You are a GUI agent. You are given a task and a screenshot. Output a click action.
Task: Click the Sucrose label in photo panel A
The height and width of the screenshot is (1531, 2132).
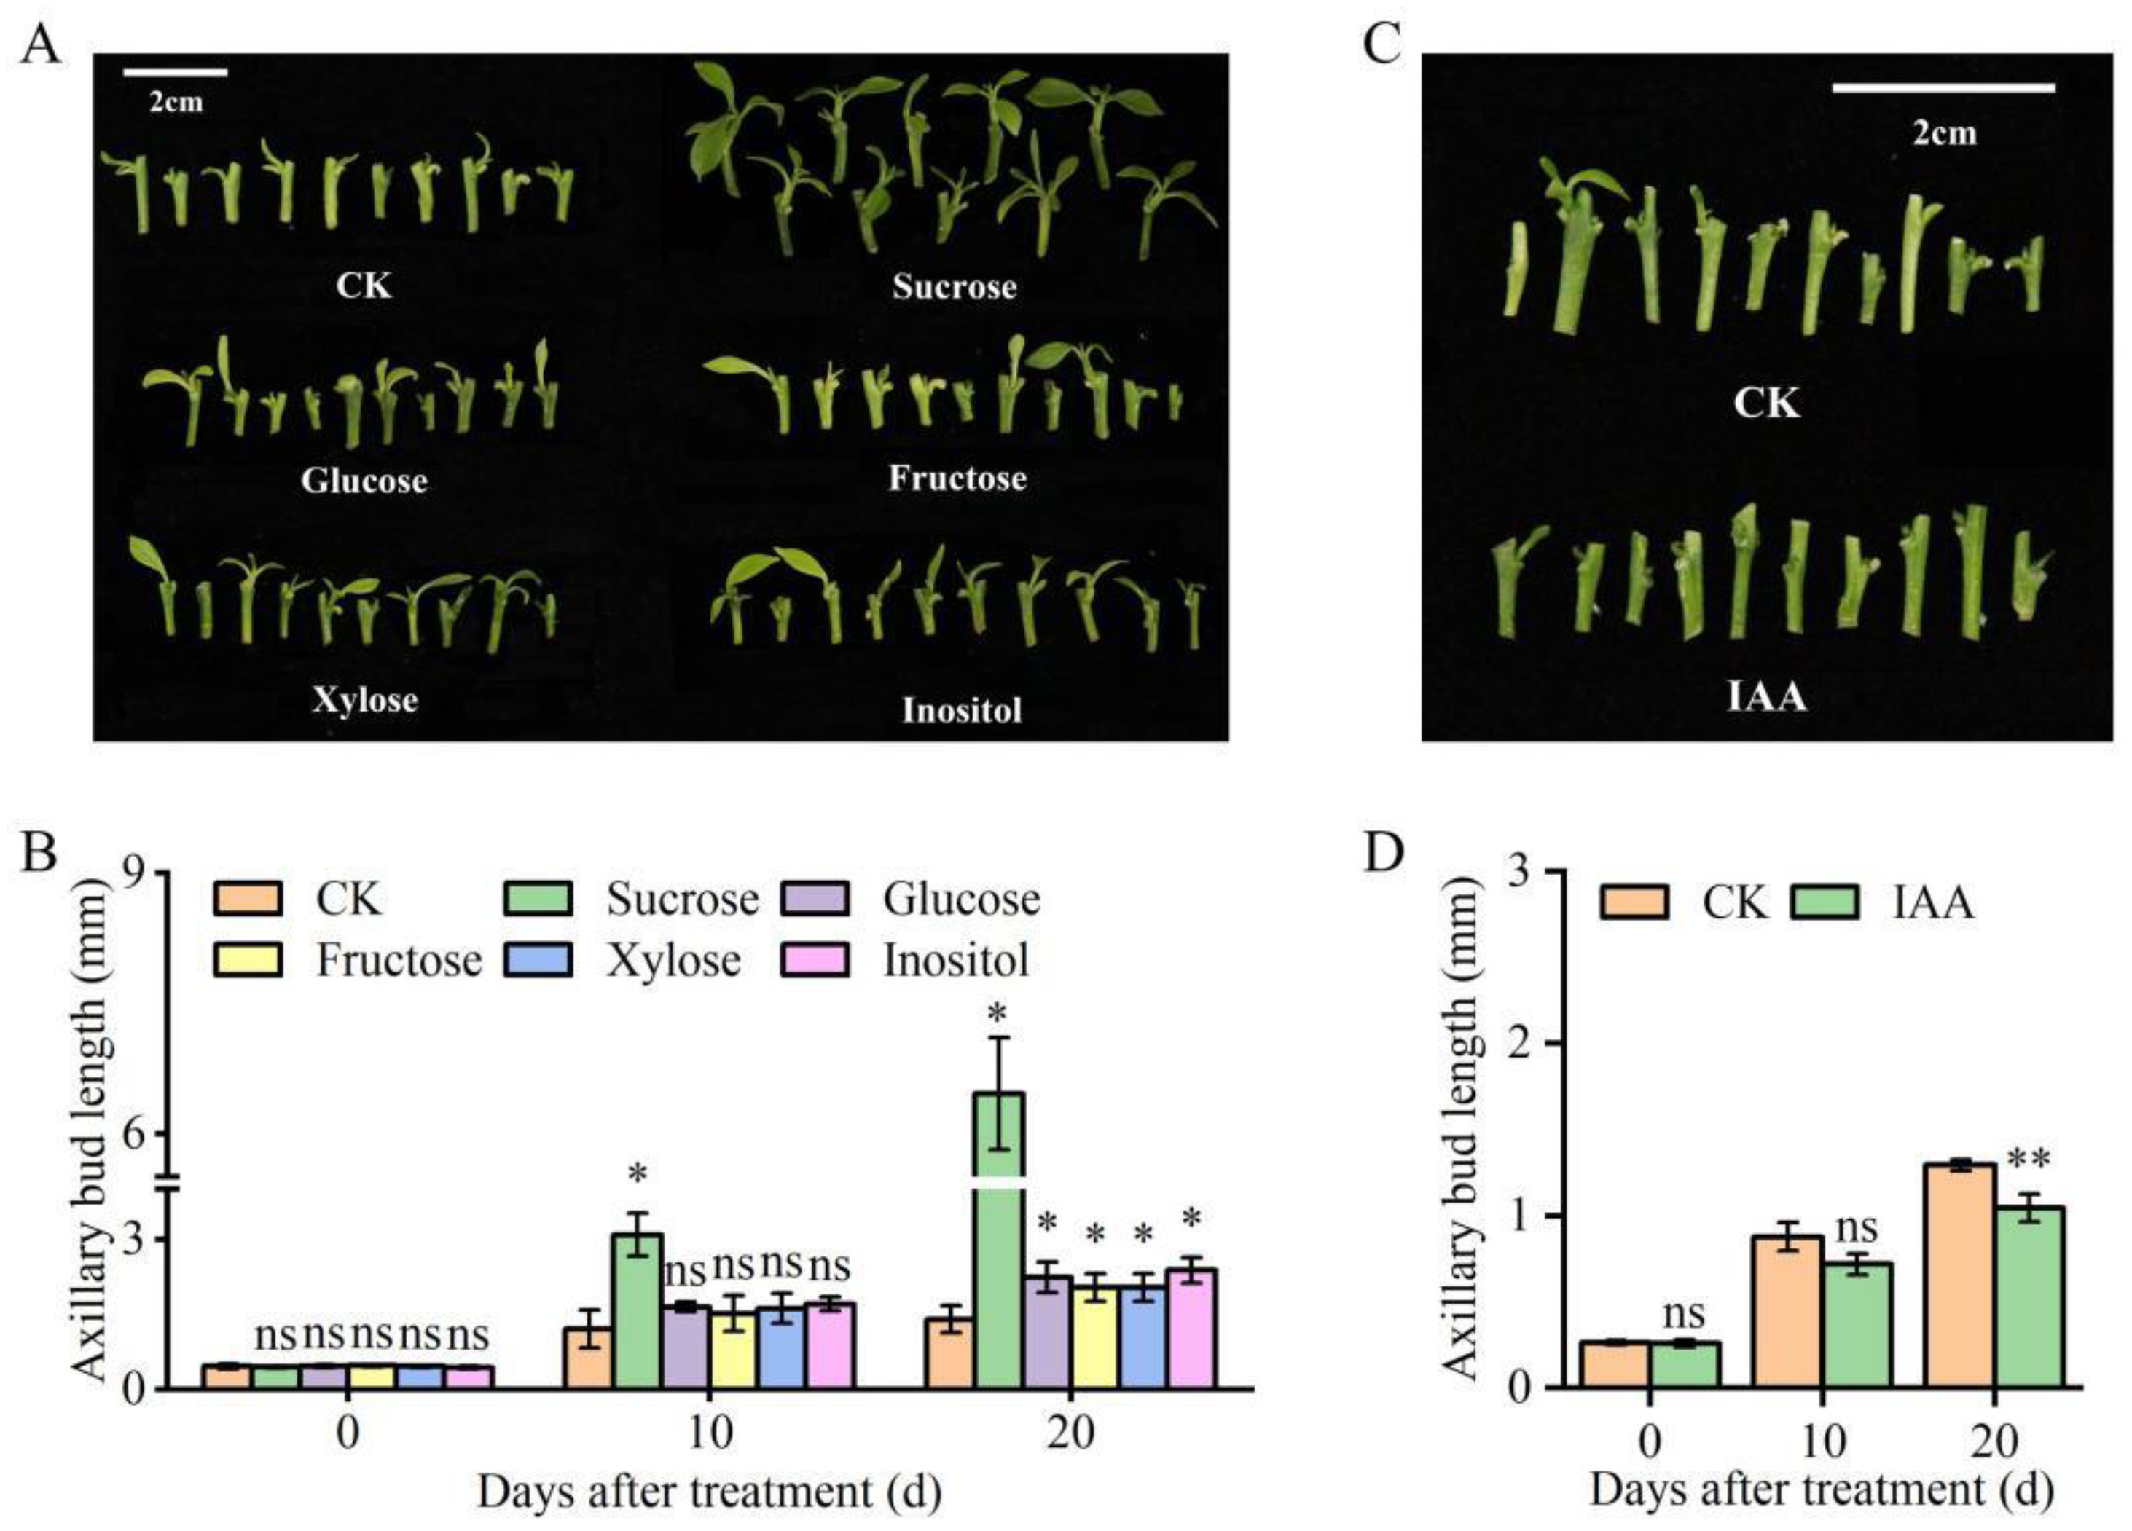click(954, 287)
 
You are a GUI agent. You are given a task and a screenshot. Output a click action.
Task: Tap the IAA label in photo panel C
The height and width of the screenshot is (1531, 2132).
click(1767, 697)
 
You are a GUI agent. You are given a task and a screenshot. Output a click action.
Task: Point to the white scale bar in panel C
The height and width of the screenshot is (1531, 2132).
click(1943, 88)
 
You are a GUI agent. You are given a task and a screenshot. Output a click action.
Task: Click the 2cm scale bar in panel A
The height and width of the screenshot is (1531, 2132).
click(176, 72)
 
